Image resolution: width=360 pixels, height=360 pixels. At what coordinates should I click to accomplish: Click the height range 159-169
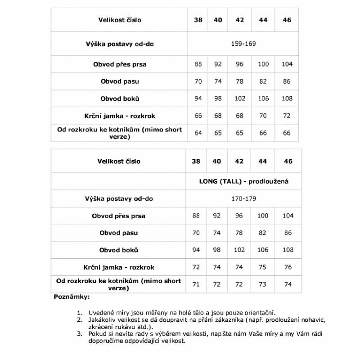coord(243,44)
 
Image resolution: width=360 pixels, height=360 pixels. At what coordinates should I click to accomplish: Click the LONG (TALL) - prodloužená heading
coord(243,181)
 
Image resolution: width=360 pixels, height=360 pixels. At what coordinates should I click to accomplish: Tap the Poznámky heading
coord(72,297)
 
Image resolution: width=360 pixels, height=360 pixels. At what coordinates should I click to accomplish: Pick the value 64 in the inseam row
coord(198,133)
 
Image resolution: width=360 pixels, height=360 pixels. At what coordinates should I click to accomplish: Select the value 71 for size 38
coord(196,284)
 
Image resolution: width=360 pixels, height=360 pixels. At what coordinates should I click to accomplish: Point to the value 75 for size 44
coord(263,267)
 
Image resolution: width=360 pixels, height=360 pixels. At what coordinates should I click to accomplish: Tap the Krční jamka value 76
coord(288,267)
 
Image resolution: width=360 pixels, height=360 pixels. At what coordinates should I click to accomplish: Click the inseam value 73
coord(263,284)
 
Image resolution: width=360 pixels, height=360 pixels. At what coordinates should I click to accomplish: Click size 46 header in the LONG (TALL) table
coord(288,161)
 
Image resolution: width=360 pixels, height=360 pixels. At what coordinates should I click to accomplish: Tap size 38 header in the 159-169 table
coord(198,20)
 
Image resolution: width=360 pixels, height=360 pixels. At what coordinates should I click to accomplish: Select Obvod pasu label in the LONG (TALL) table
coord(119,233)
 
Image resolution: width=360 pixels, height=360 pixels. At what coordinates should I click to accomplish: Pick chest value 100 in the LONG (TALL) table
coord(263,216)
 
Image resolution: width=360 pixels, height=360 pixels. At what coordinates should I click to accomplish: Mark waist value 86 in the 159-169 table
coord(287,81)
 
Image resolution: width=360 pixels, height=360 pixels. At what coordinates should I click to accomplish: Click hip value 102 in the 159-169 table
coord(239,99)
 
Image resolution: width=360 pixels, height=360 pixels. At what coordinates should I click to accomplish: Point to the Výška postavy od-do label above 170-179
coord(119,198)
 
